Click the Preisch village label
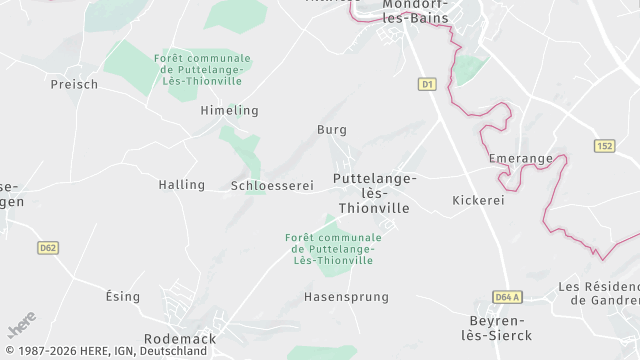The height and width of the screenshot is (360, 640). click(74, 85)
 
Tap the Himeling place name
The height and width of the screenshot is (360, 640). click(229, 110)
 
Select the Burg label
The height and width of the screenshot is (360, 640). click(331, 130)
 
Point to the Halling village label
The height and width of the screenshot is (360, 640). click(181, 185)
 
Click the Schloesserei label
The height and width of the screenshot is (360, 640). click(272, 186)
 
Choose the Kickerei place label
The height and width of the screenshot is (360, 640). click(478, 200)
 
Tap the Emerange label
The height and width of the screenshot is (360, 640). click(521, 159)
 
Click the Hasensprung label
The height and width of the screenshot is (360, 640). click(346, 297)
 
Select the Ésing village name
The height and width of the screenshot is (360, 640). click(122, 297)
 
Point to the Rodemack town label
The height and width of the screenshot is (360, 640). click(180, 339)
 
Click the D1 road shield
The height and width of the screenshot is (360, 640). click(427, 85)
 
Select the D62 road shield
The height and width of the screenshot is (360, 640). click(47, 247)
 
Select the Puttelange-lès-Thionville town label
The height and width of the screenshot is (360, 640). click(374, 193)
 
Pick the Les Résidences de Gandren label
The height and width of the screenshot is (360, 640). click(599, 293)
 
